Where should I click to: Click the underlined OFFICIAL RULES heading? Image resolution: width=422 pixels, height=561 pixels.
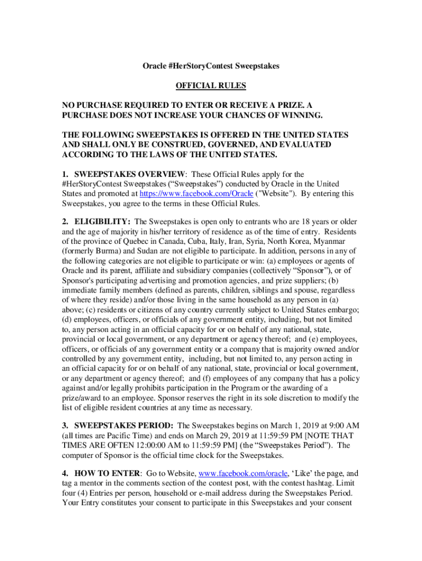(x=211, y=85)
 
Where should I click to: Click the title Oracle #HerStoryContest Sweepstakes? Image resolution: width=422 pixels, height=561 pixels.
(x=211, y=66)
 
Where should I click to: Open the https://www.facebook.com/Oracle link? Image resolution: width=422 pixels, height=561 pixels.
(x=196, y=193)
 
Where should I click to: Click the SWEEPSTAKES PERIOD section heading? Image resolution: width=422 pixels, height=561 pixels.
(x=124, y=425)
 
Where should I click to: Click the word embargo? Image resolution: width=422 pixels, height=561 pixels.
(x=344, y=310)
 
